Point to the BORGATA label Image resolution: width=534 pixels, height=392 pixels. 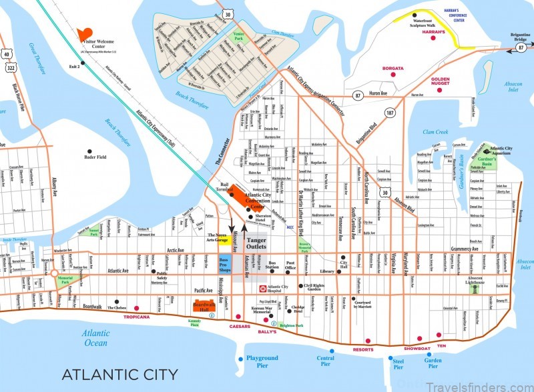click(393, 68)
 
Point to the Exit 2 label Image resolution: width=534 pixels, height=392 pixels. click(74, 67)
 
